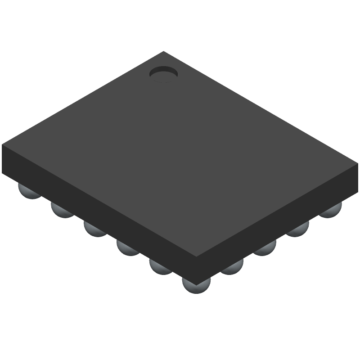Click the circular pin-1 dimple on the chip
163,73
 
